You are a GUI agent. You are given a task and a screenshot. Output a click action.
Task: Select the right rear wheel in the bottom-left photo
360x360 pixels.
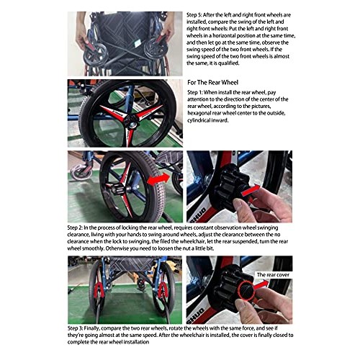(x=162, y=292)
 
